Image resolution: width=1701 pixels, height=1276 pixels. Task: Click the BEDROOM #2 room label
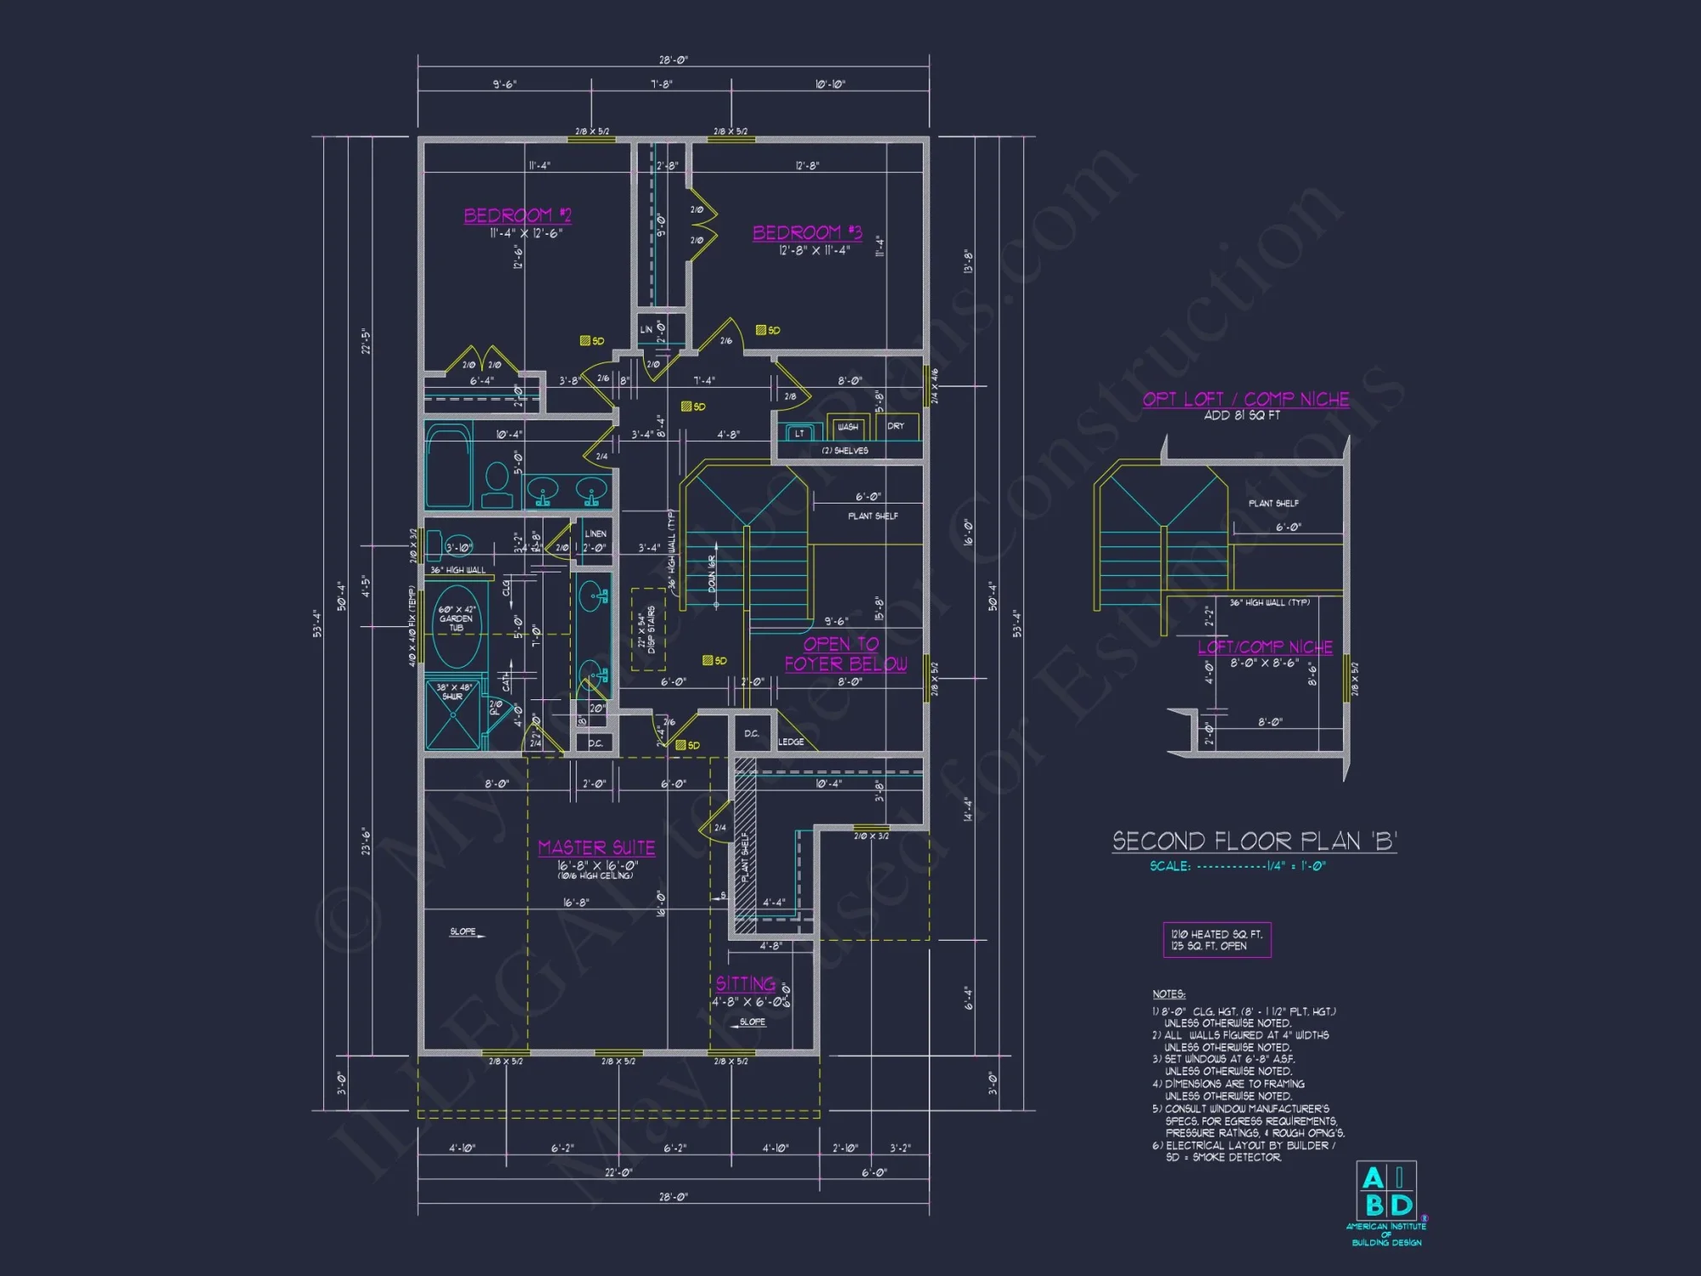[517, 215]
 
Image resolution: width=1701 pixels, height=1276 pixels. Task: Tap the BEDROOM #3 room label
[806, 232]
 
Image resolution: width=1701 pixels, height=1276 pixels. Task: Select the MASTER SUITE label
[596, 847]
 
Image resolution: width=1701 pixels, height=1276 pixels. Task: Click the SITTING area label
[745, 983]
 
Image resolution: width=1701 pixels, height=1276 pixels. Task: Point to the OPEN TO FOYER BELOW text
[845, 653]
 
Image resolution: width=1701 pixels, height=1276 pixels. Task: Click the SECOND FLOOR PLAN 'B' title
[1254, 841]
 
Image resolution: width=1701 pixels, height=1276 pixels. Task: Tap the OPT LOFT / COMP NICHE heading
[1245, 399]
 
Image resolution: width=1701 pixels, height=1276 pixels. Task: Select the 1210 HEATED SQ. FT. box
[1216, 939]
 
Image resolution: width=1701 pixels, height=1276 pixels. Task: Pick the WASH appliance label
[847, 427]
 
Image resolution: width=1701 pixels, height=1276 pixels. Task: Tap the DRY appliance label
[896, 426]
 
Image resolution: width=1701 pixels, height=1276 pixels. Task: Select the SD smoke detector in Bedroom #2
[591, 340]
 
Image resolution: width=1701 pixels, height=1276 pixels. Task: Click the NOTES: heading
[1169, 994]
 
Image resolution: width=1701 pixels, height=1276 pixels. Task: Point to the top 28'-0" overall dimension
[673, 60]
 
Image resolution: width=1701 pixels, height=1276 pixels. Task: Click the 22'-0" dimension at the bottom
[618, 1172]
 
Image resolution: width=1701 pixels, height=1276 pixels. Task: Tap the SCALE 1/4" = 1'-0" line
[1237, 866]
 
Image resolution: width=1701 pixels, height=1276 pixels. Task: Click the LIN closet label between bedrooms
[646, 329]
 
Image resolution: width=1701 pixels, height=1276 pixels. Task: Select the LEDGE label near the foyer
[790, 742]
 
